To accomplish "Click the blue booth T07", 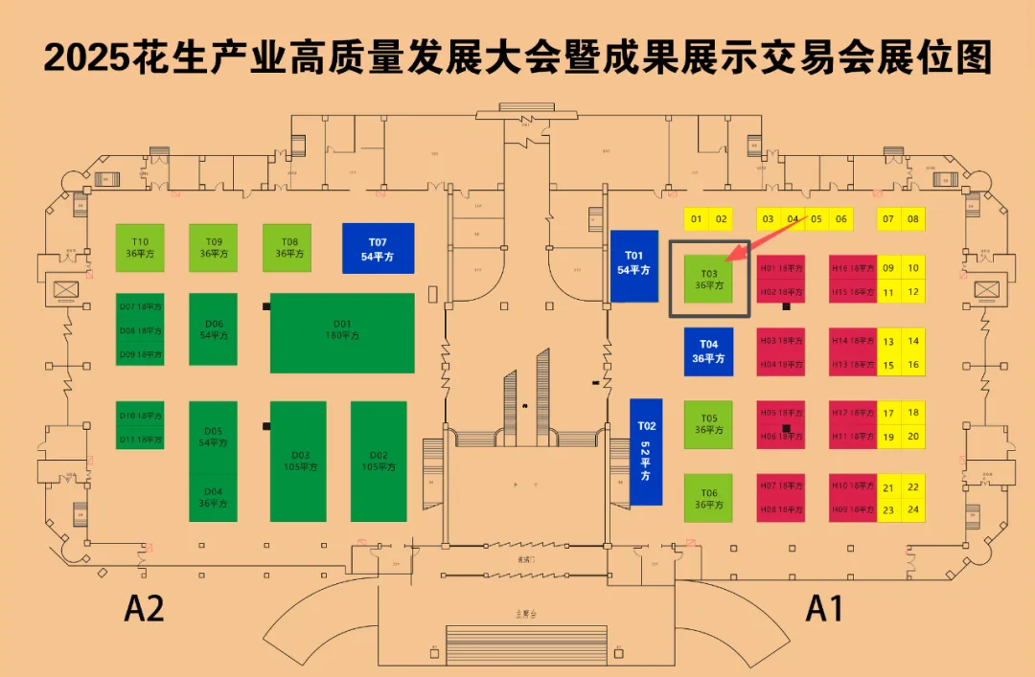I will point(379,248).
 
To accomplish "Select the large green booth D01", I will point(342,332).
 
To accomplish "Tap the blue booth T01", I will point(634,265).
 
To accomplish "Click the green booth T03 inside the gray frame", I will point(709,279).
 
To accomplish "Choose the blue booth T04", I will point(708,351).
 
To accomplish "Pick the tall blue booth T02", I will point(646,451).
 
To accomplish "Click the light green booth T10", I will point(140,248).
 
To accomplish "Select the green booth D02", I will point(379,461).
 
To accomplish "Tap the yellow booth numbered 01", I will point(697,219).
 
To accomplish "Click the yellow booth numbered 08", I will point(913,219).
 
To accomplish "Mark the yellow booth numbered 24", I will point(913,510).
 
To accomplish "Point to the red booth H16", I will point(852,268).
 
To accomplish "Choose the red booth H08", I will point(781,510).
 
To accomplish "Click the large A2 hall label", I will point(145,609).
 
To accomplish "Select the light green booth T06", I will point(708,498).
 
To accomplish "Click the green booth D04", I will point(213,498).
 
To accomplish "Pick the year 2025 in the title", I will point(85,59).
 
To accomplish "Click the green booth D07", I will point(140,305).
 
